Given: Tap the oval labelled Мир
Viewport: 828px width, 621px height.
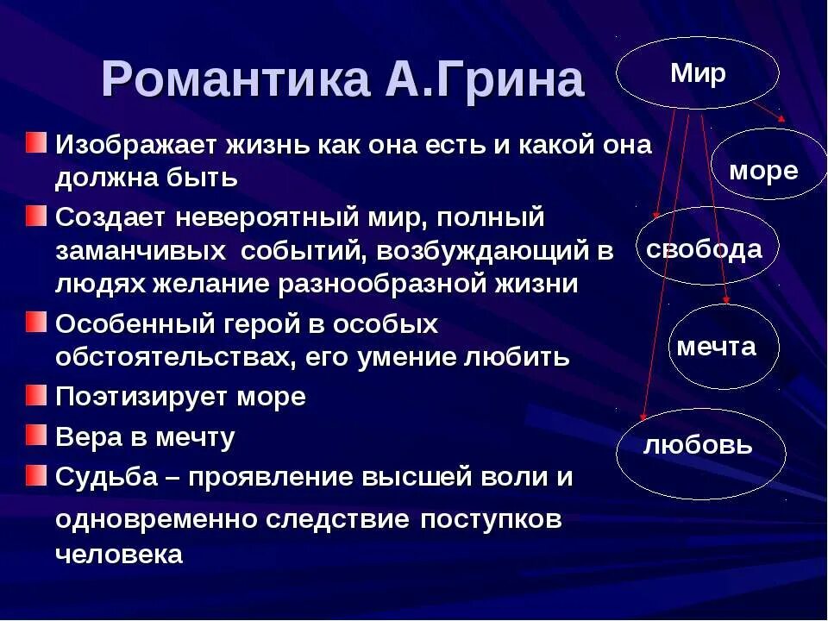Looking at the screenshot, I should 698,73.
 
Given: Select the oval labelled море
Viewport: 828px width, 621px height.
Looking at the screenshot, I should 763,170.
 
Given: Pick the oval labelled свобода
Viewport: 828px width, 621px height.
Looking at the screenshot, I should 704,249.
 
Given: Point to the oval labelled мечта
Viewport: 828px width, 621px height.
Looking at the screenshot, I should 716,347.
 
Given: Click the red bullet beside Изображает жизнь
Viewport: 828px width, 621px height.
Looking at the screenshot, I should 36,141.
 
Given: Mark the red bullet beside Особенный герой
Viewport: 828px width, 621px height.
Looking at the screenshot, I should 36,323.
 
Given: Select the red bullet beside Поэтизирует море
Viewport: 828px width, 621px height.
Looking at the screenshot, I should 36,395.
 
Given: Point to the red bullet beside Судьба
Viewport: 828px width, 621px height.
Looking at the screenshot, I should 36,474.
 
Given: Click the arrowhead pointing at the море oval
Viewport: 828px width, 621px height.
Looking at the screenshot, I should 781,120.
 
